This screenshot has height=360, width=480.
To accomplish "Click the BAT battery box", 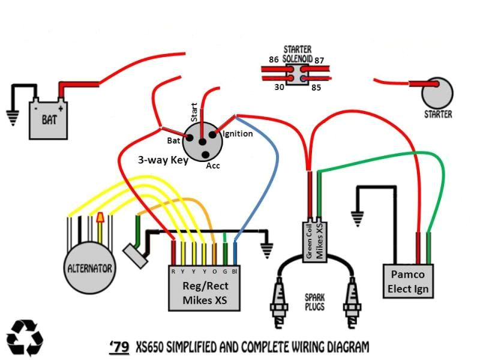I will click(x=49, y=118).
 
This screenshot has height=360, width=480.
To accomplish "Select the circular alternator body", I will click(x=89, y=267).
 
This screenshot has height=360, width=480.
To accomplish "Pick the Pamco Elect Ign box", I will click(x=409, y=281).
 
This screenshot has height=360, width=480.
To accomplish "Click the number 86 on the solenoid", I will click(x=274, y=59).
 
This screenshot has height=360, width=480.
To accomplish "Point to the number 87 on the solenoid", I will click(x=320, y=59).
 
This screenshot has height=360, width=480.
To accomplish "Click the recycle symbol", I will click(x=25, y=337).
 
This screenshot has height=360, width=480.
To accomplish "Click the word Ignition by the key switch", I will click(x=238, y=134).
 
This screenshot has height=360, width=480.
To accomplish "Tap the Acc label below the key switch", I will click(x=213, y=166).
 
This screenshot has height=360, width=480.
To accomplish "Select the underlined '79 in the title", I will click(x=119, y=347).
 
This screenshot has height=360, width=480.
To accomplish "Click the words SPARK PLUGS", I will click(x=315, y=302).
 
